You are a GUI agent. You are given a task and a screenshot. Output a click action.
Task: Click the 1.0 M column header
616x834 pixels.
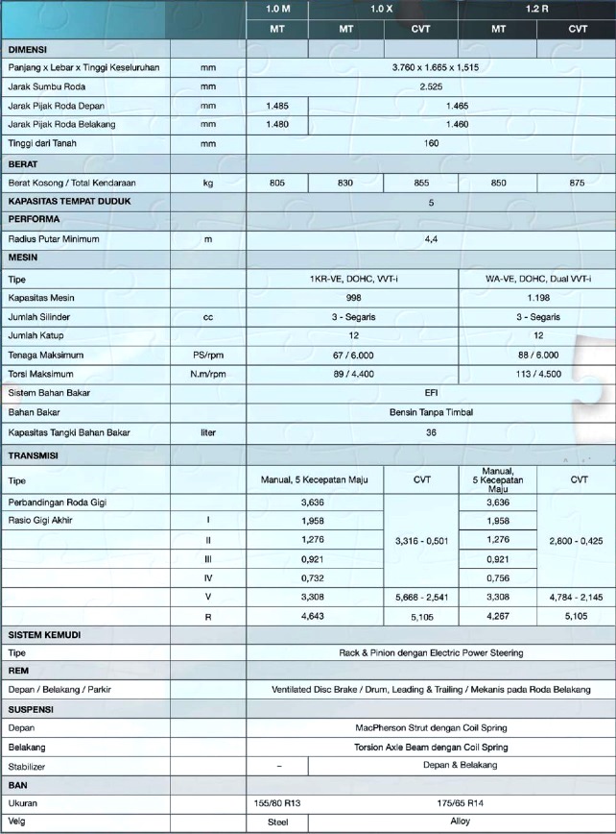[277, 9]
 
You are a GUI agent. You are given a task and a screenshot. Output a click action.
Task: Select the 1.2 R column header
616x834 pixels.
[537, 9]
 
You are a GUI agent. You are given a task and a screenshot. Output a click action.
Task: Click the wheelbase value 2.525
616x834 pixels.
[431, 86]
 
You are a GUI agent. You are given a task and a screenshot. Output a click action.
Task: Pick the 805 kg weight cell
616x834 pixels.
[277, 183]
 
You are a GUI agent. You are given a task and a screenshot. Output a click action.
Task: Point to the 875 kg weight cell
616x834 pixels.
[577, 183]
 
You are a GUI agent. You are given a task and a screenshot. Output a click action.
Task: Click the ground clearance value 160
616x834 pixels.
[431, 143]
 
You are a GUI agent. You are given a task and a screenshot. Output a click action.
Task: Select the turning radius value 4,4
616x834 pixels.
[431, 238]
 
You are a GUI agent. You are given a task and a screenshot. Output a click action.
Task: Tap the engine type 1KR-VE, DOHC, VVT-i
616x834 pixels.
[353, 279]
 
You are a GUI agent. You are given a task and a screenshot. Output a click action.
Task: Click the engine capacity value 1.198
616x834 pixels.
[537, 298]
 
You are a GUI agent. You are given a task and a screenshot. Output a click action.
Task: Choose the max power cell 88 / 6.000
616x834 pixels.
[537, 355]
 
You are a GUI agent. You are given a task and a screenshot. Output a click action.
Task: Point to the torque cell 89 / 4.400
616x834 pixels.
[353, 374]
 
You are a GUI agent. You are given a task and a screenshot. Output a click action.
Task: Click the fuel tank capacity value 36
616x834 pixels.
[431, 431]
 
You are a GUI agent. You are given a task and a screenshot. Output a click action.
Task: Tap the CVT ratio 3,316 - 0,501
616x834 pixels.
[421, 541]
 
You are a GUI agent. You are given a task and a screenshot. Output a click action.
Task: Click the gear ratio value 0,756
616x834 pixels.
[499, 577]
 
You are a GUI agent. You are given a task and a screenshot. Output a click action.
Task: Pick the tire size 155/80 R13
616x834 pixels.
[277, 802]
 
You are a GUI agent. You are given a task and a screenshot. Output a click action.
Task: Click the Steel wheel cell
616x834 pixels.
[277, 823]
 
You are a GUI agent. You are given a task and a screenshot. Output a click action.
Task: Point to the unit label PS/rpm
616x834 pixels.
[207, 355]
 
